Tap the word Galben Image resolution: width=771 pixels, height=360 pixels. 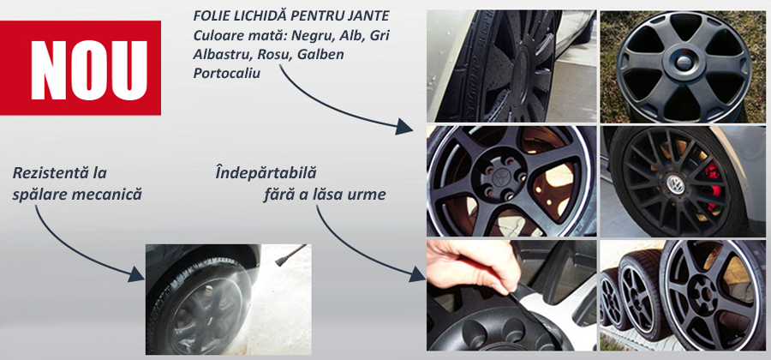click(321, 54)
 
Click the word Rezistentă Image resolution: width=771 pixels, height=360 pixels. click(59, 173)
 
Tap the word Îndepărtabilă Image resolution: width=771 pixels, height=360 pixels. click(266, 173)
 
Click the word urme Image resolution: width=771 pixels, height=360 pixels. click(368, 195)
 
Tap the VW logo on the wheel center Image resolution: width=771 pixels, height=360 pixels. click(673, 184)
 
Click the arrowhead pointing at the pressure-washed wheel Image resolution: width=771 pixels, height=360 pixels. click(136, 274)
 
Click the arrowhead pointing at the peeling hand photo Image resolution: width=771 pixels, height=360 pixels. click(417, 274)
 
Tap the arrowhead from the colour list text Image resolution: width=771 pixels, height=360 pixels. click(404, 127)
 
